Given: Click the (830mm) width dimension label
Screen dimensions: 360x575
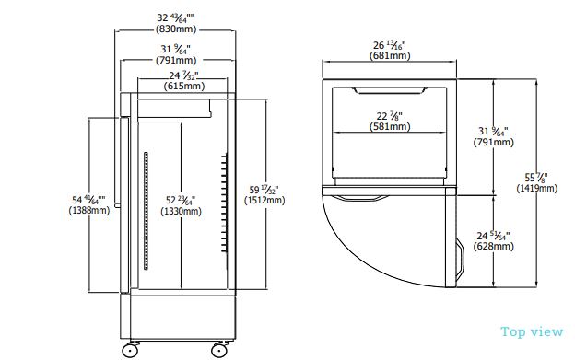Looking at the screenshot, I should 175,29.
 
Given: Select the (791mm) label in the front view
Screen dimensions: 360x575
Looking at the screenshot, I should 175,61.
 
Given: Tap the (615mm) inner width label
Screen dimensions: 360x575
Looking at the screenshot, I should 184,87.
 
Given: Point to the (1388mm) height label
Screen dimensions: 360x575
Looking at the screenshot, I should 89,211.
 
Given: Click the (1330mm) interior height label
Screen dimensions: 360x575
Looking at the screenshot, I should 181,211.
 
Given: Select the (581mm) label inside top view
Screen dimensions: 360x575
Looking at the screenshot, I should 391,126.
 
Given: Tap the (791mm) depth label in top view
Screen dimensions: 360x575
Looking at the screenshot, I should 495,143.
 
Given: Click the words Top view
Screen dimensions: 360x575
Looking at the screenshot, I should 533,332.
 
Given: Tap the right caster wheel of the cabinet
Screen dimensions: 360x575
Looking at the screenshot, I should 220,349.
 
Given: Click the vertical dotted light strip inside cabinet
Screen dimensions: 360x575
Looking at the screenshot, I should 145,213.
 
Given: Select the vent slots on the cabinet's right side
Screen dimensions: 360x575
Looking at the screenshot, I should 224,203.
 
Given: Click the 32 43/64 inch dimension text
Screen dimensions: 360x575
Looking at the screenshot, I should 175,17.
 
